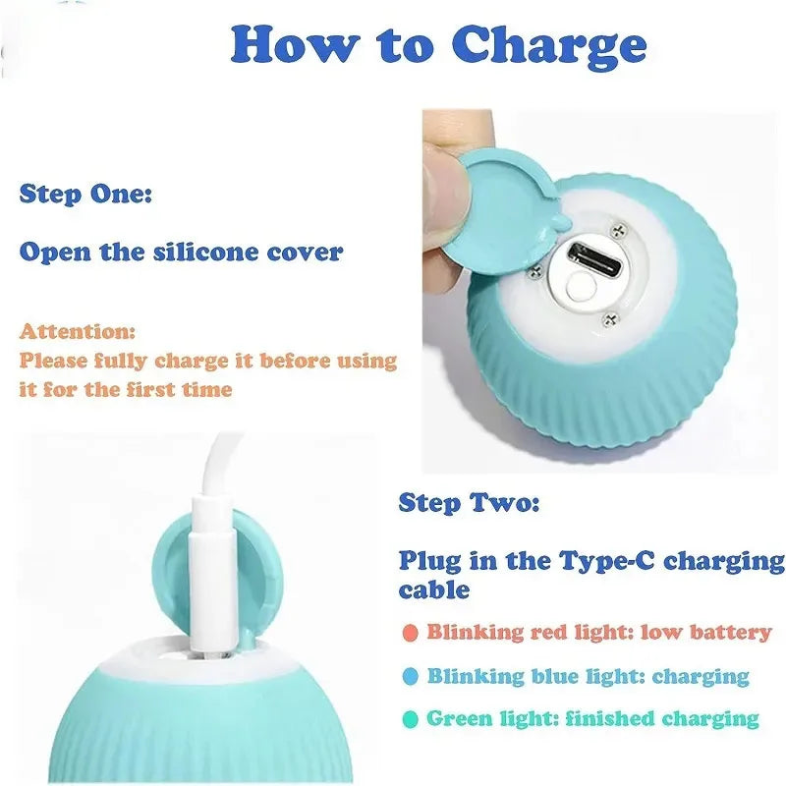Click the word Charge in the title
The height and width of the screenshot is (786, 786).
click(550, 44)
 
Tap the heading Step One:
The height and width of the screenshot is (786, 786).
click(85, 194)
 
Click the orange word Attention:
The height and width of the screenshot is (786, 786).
click(78, 332)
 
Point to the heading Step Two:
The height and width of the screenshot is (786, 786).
click(469, 504)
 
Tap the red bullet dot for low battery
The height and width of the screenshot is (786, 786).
click(410, 632)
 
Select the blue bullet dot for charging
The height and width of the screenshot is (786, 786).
click(410, 676)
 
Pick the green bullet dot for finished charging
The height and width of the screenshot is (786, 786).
click(410, 719)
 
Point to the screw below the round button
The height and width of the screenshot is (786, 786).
click(610, 318)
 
